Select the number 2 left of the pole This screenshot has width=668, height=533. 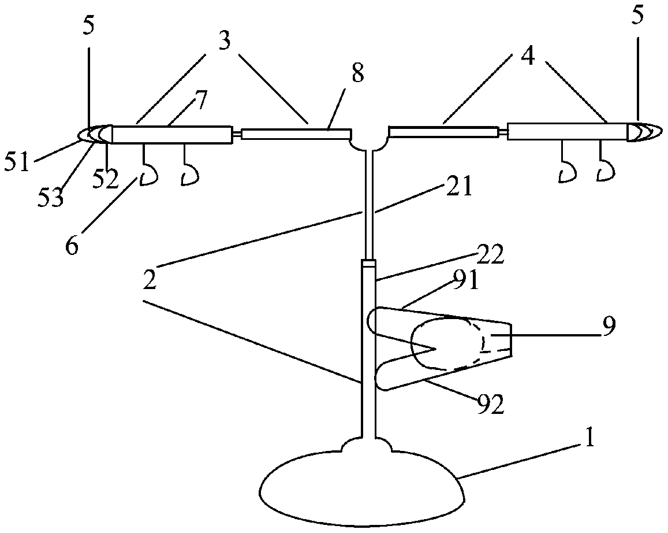coord(151,282)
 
